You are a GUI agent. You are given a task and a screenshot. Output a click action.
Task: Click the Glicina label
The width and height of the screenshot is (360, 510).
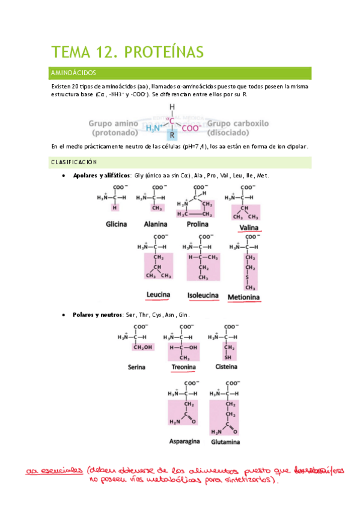pos(116,224)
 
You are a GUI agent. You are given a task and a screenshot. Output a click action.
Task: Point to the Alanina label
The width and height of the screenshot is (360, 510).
pos(156,224)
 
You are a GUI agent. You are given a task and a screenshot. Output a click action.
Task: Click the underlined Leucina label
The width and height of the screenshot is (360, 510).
pos(158,295)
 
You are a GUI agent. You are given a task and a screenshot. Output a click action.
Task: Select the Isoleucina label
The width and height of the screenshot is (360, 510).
pos(203,296)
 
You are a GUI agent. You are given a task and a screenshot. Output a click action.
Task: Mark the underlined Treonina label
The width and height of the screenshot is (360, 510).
pos(183,367)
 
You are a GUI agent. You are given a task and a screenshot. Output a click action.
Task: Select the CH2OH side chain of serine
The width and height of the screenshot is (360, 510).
pos(142,347)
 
